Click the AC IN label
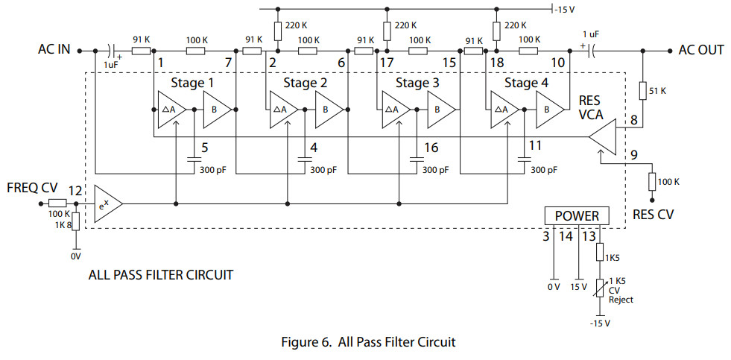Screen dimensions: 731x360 (x=54, y=49)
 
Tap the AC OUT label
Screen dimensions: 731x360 (x=701, y=50)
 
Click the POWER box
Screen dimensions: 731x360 (x=577, y=216)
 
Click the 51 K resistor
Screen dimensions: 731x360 (x=642, y=91)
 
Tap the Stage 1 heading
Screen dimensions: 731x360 (x=192, y=83)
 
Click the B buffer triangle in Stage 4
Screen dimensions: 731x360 (x=550, y=110)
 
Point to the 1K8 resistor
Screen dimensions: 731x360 (x=76, y=221)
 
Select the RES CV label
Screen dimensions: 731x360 (x=654, y=215)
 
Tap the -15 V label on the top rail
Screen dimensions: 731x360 (x=565, y=9)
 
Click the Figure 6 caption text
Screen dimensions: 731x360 (x=368, y=342)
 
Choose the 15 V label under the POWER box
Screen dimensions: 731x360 (x=578, y=287)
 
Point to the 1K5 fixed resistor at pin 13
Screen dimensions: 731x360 (x=600, y=252)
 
